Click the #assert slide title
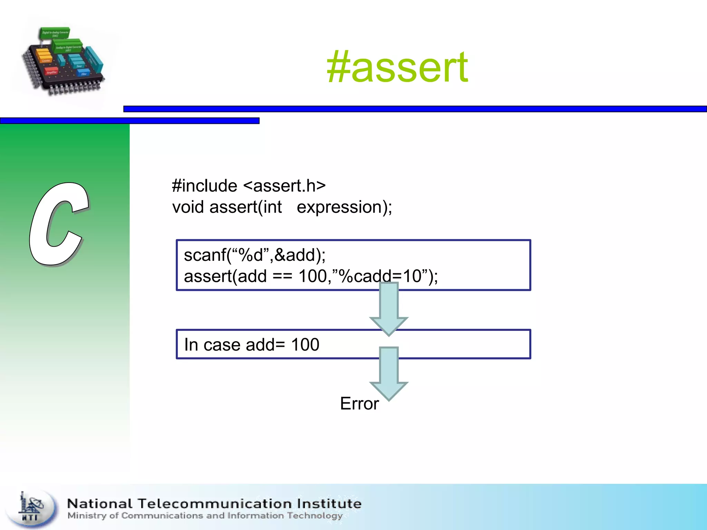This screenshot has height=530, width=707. click(397, 67)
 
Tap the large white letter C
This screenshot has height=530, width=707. click(59, 224)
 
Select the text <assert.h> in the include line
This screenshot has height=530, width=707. click(284, 186)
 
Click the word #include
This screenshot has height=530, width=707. click(204, 186)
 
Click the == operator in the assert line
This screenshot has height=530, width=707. click(282, 276)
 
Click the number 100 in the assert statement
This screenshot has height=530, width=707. click(312, 276)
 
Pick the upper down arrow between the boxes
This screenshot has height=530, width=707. click(389, 309)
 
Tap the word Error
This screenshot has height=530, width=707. click(359, 404)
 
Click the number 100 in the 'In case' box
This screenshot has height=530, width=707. click(305, 345)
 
